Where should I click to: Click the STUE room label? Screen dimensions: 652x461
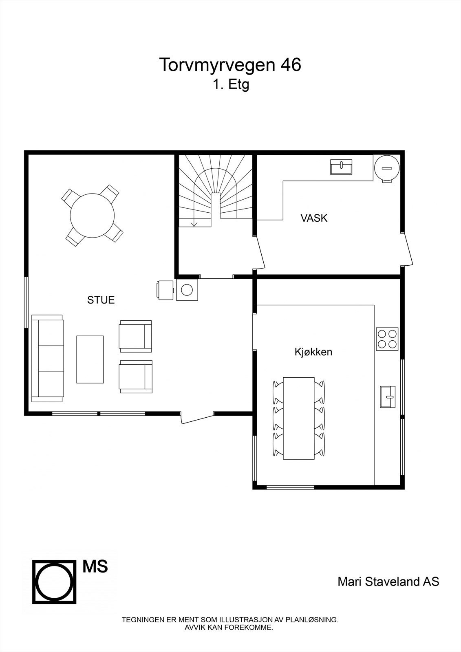pos(101,300)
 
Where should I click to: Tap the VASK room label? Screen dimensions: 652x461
pos(314,218)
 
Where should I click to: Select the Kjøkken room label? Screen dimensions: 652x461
pos(313,352)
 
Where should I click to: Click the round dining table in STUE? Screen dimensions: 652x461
pos(92,215)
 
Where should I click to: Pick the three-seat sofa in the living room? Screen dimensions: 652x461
pos(48,358)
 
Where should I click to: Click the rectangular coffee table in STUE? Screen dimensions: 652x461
pos(90,359)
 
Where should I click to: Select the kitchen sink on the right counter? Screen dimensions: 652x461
pos(388,396)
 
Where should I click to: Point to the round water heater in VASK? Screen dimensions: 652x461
pos(386,167)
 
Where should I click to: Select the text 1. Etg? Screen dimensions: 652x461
pos(230,85)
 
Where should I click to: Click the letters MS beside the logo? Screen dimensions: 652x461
pos(95,566)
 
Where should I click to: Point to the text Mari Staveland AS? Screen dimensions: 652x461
pos(388,582)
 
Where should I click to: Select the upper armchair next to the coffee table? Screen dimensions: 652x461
pos(135,336)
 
